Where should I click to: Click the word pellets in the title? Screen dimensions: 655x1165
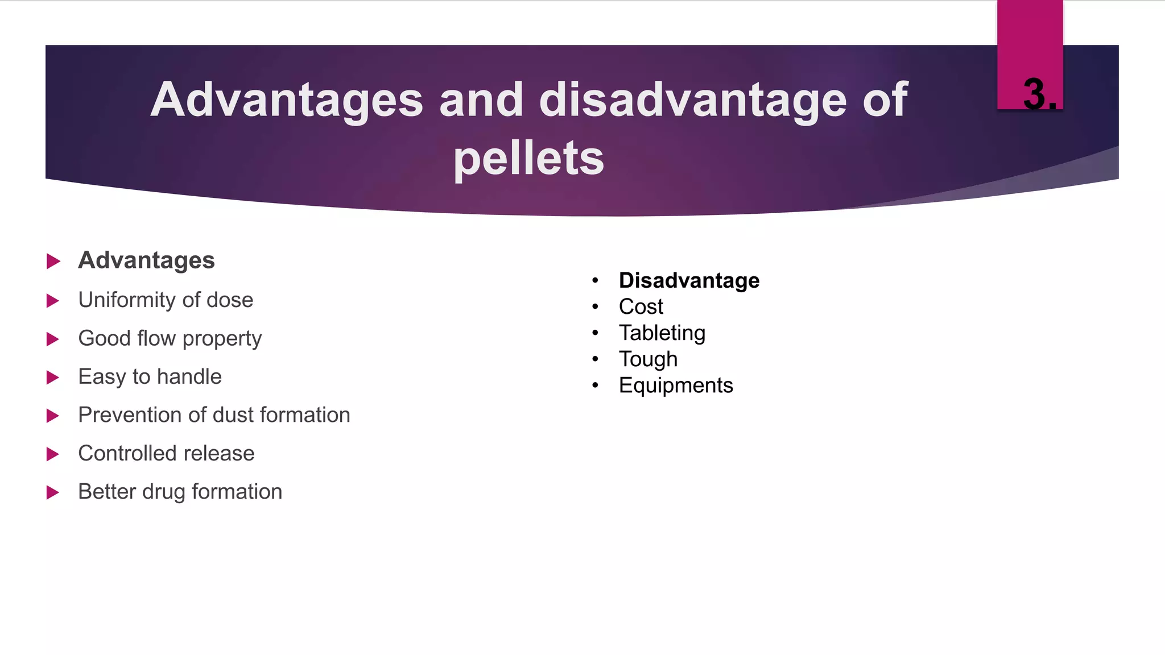[528, 159]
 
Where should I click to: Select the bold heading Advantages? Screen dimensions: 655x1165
[146, 260]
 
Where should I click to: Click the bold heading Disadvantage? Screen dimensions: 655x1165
[689, 280]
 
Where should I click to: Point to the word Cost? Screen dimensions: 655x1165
[641, 306]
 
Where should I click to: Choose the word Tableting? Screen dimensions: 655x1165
[662, 333]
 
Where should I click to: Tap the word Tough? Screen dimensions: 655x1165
[648, 359]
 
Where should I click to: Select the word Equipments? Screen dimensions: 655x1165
[676, 385]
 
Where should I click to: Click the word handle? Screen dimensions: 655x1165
[189, 376]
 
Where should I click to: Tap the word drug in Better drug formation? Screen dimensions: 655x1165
[164, 492]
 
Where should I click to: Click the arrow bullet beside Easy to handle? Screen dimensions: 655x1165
[53, 377]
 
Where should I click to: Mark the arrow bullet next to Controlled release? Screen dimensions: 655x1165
[53, 454]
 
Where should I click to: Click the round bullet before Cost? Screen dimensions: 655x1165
[595, 306]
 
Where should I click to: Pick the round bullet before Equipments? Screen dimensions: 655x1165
[595, 385]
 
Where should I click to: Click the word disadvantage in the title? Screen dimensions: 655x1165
[693, 100]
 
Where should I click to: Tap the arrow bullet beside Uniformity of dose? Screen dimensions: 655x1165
[53, 300]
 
